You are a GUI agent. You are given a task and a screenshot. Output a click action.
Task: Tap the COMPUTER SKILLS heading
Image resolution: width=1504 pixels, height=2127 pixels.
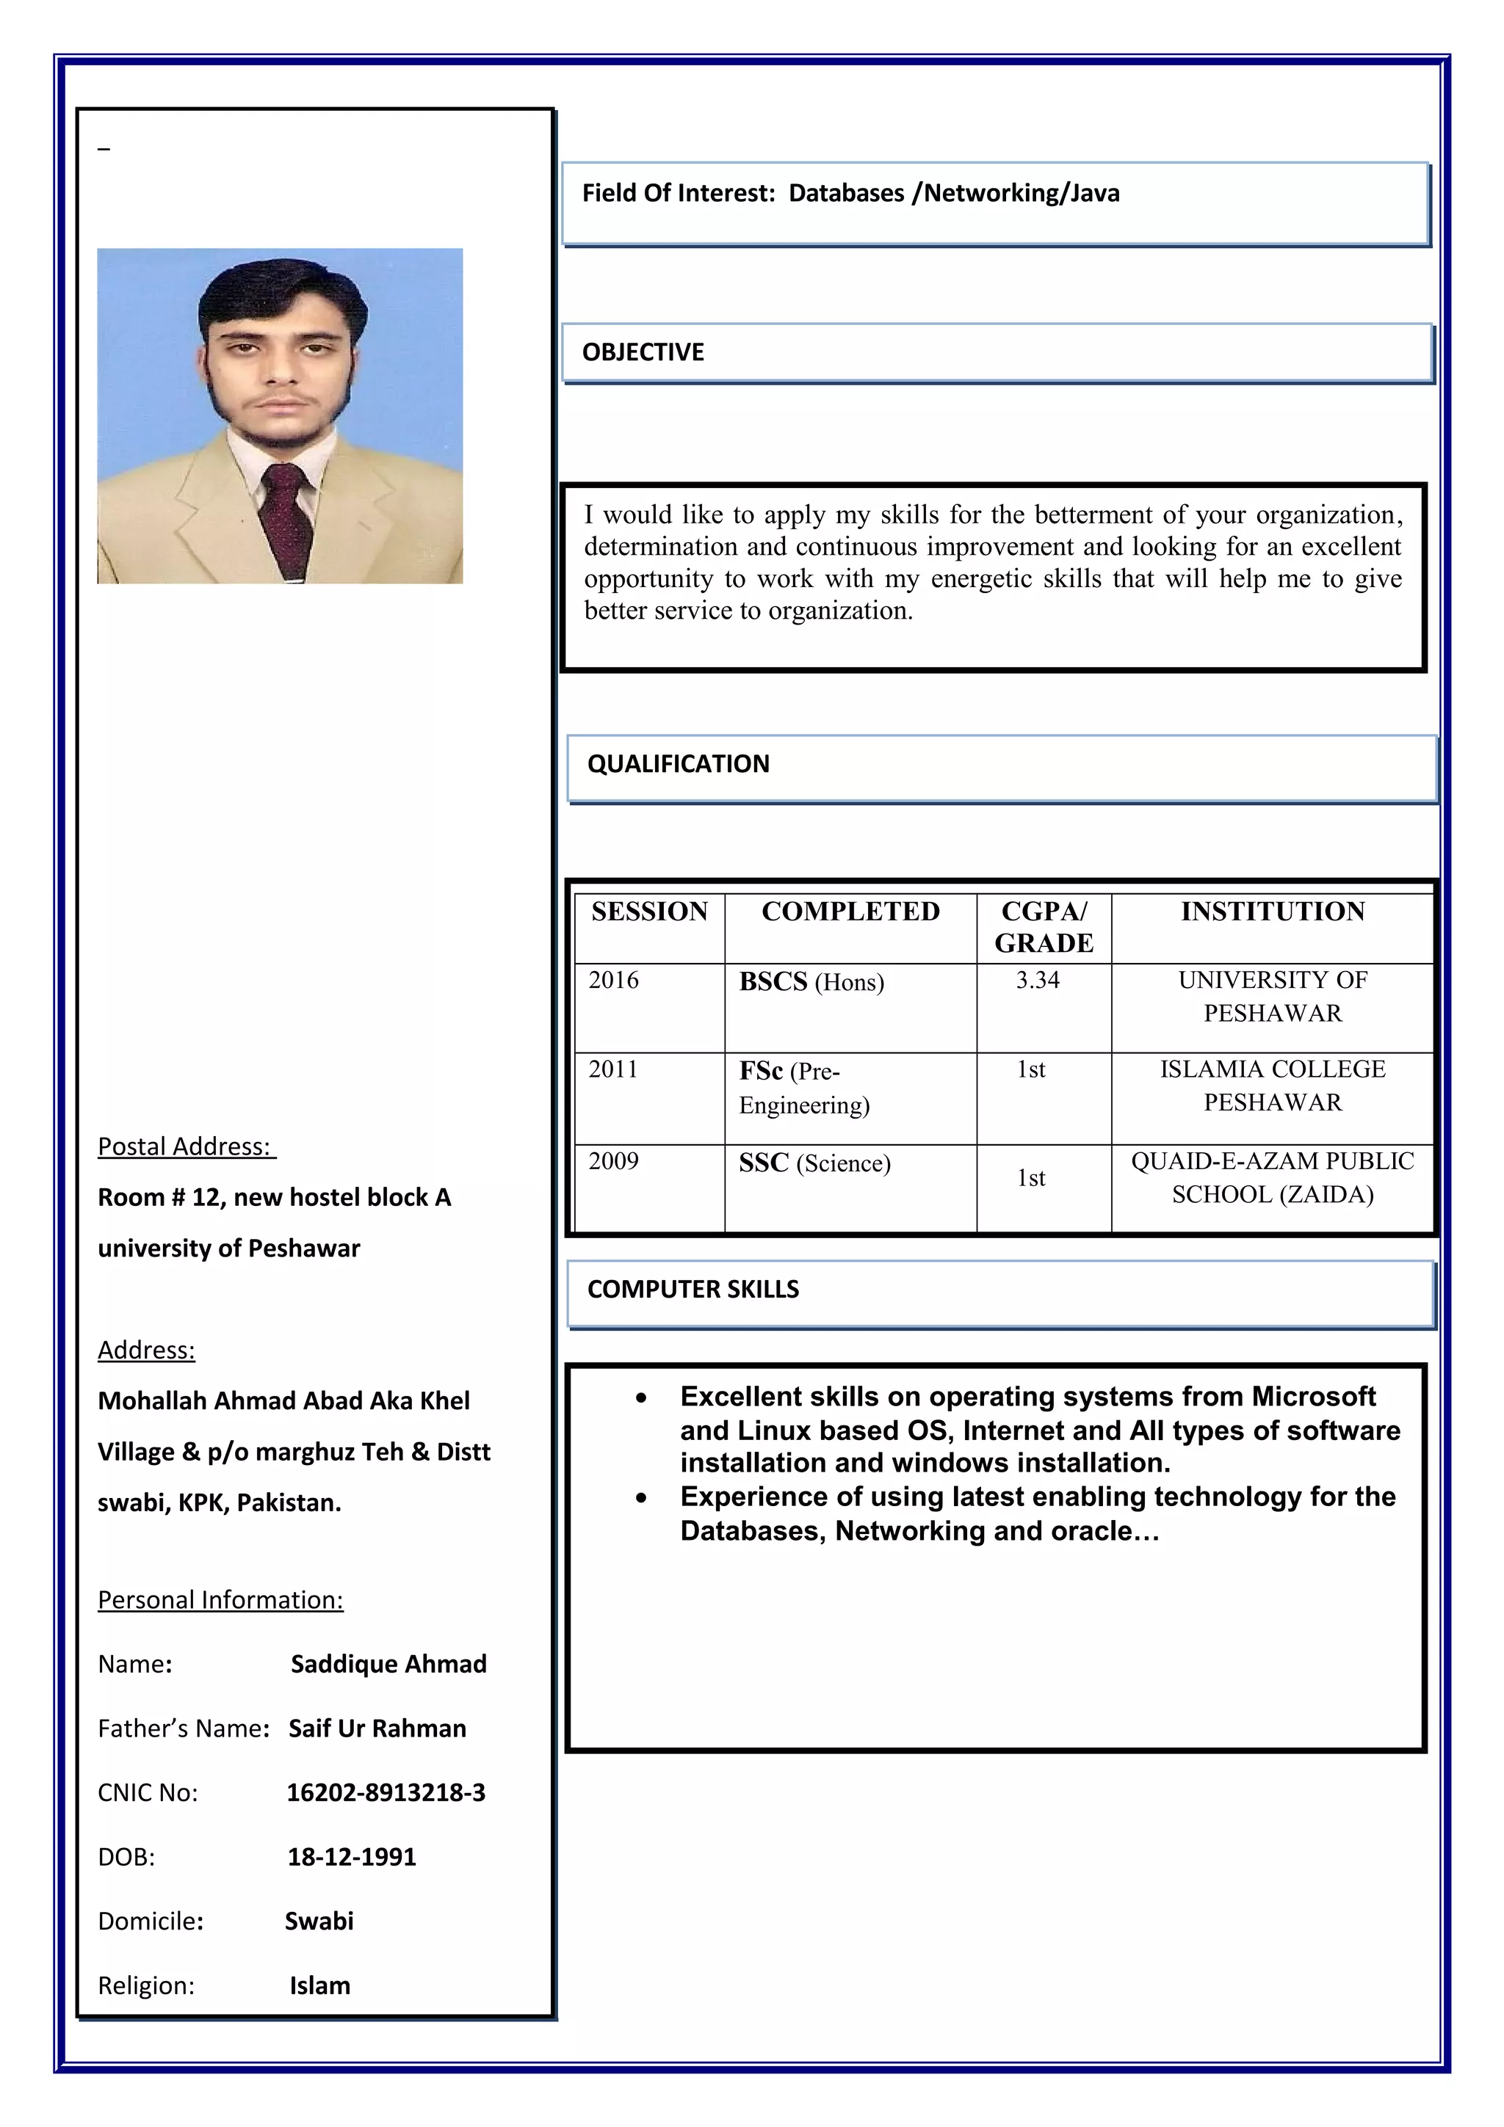click(693, 1289)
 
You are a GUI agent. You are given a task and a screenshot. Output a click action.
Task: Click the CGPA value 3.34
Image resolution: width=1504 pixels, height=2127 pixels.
click(1037, 980)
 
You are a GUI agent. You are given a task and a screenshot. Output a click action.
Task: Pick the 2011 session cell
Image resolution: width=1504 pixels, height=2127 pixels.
click(613, 1069)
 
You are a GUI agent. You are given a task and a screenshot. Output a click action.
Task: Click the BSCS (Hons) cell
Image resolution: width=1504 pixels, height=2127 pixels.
click(811, 982)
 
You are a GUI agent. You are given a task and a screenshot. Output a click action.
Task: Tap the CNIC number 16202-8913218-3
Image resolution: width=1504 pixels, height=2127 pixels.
click(386, 1792)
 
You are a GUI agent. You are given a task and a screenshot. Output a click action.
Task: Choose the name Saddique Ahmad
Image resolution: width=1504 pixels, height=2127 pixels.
click(388, 1664)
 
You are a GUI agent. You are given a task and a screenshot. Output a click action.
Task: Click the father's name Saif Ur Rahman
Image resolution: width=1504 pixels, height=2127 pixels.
click(377, 1728)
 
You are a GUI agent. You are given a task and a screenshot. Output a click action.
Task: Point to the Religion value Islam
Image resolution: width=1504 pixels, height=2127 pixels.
click(319, 1985)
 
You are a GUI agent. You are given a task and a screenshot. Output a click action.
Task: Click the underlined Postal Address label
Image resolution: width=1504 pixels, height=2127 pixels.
click(185, 1147)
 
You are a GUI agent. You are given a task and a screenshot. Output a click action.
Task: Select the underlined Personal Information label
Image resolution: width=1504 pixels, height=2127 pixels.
click(220, 1600)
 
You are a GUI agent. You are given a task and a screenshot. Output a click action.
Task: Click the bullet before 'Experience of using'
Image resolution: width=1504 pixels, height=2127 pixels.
click(641, 1498)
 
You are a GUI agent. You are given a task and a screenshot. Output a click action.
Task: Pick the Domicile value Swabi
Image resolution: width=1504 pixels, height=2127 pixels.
click(319, 1921)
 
